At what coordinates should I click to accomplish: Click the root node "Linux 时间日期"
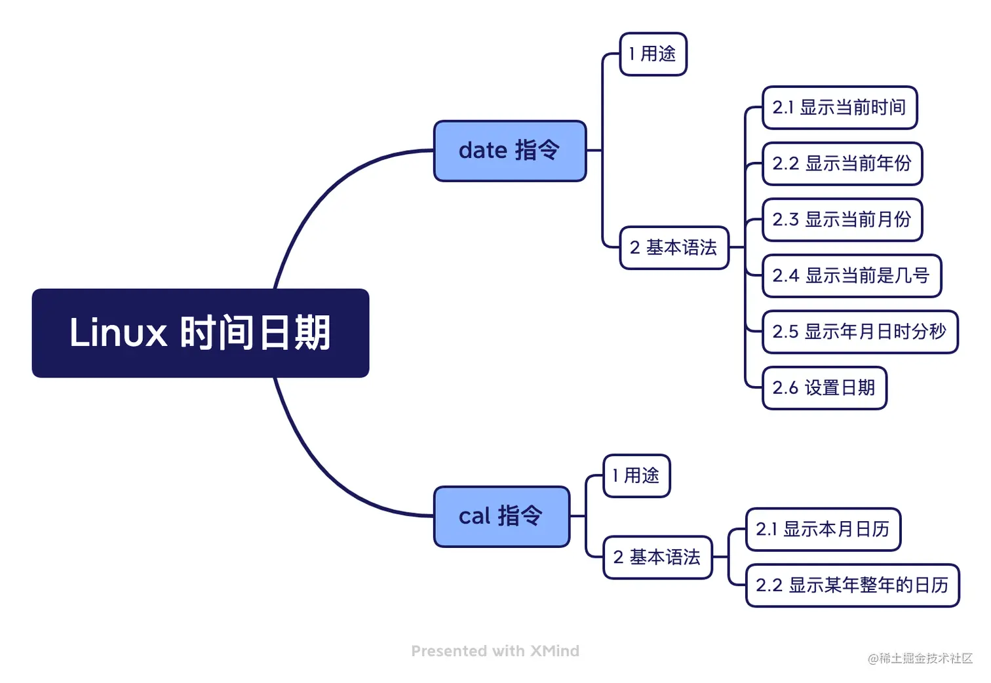click(x=200, y=333)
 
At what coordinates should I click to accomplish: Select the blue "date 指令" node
click(x=509, y=151)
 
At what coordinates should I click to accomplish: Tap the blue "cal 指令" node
click(x=501, y=517)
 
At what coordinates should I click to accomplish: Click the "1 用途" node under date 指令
click(x=653, y=54)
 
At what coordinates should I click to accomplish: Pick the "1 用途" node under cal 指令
click(x=636, y=476)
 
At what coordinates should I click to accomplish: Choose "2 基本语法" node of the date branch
click(x=674, y=248)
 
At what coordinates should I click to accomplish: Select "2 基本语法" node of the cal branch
click(x=657, y=557)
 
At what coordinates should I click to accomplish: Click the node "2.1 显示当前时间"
click(x=839, y=107)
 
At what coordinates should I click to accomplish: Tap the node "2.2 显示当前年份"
click(x=842, y=164)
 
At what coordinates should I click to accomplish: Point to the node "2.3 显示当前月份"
click(x=842, y=220)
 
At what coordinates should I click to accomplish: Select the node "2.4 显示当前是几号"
click(x=851, y=276)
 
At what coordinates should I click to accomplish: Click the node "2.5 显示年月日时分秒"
click(x=860, y=332)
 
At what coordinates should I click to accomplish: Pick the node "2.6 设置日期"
click(x=824, y=388)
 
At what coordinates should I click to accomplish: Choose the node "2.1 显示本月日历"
click(x=823, y=530)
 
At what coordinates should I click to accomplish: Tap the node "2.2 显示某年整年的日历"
click(x=852, y=585)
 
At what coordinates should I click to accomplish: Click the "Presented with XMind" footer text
click(x=495, y=652)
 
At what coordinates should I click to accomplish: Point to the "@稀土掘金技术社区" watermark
click(x=920, y=659)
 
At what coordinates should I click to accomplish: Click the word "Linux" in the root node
click(x=118, y=333)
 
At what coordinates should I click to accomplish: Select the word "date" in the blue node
click(x=482, y=151)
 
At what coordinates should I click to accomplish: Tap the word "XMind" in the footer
click(x=554, y=652)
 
